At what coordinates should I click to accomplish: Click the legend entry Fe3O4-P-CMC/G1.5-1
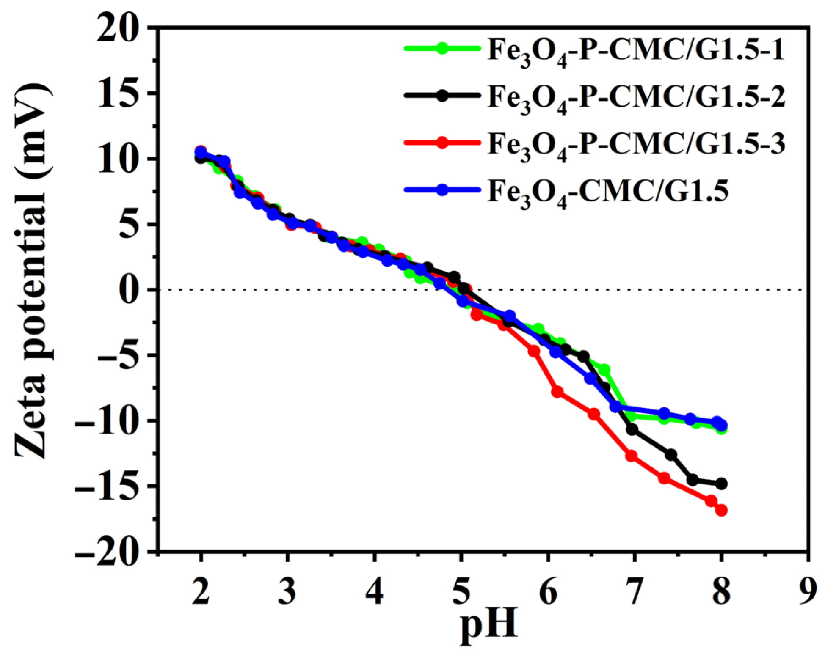635,50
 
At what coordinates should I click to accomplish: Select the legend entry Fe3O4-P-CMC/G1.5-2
635,97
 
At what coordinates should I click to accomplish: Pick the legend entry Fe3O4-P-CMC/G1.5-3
635,144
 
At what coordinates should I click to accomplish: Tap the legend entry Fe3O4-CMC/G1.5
607,191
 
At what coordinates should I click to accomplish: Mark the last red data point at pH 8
721,510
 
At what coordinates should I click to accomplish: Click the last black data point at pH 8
721,484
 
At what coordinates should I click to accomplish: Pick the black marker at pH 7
632,430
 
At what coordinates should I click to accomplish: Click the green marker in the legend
442,48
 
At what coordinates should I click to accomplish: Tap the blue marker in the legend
442,190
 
